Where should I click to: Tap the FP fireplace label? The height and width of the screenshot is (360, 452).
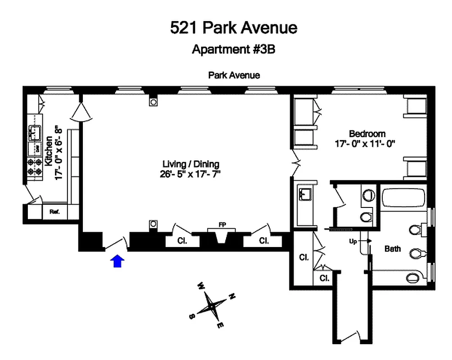[222, 225]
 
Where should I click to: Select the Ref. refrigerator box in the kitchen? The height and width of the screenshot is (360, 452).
[54, 211]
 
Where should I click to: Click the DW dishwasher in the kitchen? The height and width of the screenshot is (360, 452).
[36, 148]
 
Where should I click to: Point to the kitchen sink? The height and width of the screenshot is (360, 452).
[35, 132]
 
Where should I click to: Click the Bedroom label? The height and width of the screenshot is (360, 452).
[367, 134]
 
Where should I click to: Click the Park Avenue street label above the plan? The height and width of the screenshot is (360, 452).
[234, 75]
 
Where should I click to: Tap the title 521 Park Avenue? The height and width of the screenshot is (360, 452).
[234, 28]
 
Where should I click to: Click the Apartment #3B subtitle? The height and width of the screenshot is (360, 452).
[233, 49]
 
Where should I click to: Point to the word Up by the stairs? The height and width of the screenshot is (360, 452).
[353, 241]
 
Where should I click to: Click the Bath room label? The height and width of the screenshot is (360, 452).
[393, 248]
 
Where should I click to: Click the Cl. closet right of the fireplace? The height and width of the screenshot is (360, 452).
[263, 240]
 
